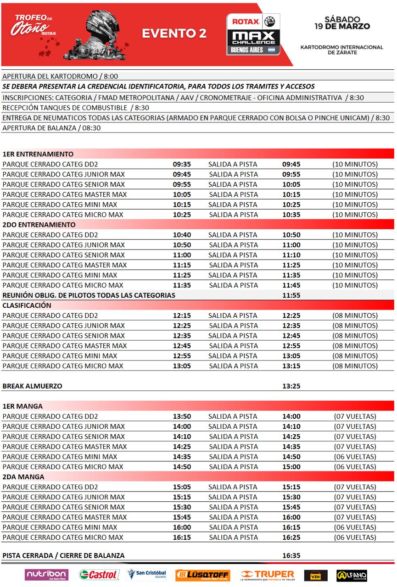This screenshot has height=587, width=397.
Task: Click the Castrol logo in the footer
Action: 99,575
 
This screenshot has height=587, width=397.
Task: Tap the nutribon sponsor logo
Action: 47,575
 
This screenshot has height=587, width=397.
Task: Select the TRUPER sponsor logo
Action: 267,575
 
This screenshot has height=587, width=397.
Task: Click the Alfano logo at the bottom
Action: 352,575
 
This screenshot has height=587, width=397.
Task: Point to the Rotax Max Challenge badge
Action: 253,34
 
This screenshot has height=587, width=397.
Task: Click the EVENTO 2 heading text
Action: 174,33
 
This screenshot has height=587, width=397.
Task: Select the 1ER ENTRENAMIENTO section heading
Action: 38,154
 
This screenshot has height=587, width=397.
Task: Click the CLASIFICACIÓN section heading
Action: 27,305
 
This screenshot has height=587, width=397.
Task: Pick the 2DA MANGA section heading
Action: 23,477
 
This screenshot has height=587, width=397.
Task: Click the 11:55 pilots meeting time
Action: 291,295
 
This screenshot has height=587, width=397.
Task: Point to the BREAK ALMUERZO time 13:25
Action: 291,386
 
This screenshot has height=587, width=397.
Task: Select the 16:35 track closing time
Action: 291,555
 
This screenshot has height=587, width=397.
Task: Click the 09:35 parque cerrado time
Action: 182,164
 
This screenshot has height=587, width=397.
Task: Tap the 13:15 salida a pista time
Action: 291,366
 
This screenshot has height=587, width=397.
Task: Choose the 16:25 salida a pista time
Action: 291,537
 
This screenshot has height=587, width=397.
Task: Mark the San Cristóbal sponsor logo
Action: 147,575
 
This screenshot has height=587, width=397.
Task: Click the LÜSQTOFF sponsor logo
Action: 202,575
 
